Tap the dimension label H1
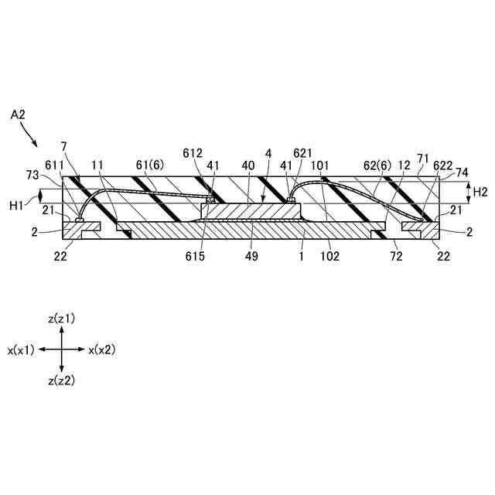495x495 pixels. pyautogui.click(x=16, y=204)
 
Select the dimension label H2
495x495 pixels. pyautogui.click(x=480, y=191)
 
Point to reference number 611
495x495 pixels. pyautogui.click(x=55, y=166)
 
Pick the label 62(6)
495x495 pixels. pyautogui.click(x=378, y=166)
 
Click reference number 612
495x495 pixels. pyautogui.click(x=193, y=154)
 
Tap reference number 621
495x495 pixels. pyautogui.click(x=302, y=154)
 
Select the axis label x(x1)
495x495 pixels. pyautogui.click(x=22, y=350)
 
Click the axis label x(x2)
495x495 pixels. pyautogui.click(x=101, y=350)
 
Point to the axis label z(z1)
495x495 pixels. pyautogui.click(x=61, y=319)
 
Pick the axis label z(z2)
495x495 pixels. pyautogui.click(x=61, y=381)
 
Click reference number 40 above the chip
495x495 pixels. pyautogui.click(x=248, y=166)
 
